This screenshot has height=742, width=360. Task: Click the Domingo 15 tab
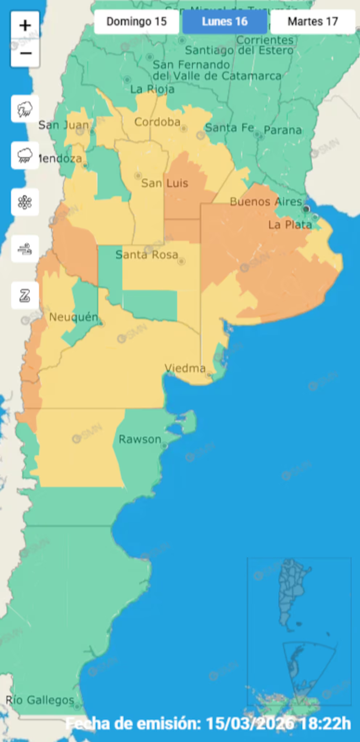coord(137,22)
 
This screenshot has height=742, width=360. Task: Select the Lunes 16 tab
coord(225,22)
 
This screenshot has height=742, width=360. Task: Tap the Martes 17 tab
coord(313,22)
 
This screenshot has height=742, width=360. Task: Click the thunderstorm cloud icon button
coord(25,109)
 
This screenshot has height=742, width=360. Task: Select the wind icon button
coord(25,249)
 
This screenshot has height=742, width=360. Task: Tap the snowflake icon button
coord(25,202)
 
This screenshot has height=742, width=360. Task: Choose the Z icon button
coord(25,296)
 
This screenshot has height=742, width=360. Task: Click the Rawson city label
coord(140,439)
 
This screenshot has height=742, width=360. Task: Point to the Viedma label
coord(185,368)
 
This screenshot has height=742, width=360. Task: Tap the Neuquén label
coord(73,317)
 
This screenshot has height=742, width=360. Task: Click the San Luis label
coord(165,183)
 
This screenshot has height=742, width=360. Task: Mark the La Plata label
coord(290,225)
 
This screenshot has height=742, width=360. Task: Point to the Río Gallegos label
coord(40,700)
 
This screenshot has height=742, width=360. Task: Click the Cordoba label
coord(157,122)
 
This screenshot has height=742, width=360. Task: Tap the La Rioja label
coord(152,89)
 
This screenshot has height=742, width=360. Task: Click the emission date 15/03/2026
coord(250,724)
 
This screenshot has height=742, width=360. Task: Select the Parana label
coord(283,130)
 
